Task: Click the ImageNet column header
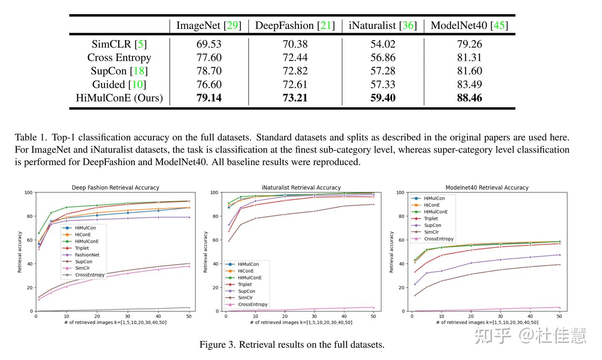pyautogui.click(x=209, y=26)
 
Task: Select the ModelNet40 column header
pyautogui.click(x=469, y=26)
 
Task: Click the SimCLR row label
pyautogui.click(x=119, y=44)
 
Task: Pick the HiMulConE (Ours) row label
pyautogui.click(x=119, y=98)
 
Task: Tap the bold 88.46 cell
pyautogui.click(x=469, y=98)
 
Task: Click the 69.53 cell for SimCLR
pyautogui.click(x=209, y=44)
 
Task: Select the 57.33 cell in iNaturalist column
pyautogui.click(x=383, y=84)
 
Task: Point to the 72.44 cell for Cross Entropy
pyautogui.click(x=295, y=57)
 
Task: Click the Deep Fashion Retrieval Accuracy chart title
pyautogui.click(x=115, y=188)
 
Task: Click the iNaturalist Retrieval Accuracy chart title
pyautogui.click(x=301, y=188)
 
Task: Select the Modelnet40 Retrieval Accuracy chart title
pyautogui.click(x=487, y=188)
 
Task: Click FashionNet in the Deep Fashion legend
pyautogui.click(x=87, y=255)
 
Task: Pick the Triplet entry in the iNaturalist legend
pyautogui.click(x=245, y=284)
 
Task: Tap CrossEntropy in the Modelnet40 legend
pyautogui.click(x=439, y=239)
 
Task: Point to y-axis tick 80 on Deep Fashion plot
pyautogui.click(x=29, y=216)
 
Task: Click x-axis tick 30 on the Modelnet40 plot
pyautogui.click(x=500, y=317)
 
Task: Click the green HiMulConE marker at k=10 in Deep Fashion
pyautogui.click(x=66, y=207)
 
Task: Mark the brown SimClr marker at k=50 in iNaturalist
pyautogui.click(x=373, y=204)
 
